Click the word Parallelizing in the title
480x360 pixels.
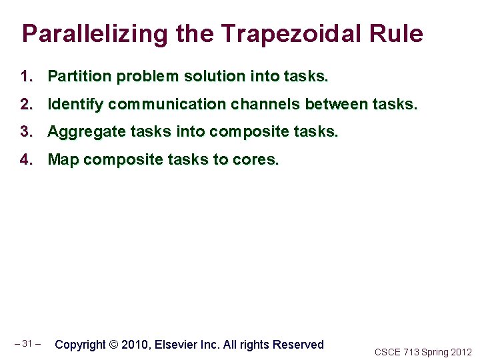click(x=83, y=34)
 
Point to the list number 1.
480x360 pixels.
click(x=26, y=77)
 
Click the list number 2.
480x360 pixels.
click(x=26, y=105)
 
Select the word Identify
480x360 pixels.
click(x=75, y=105)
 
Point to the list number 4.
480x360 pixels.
click(x=26, y=160)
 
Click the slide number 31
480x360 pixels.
click(x=27, y=344)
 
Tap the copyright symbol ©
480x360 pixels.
click(x=113, y=345)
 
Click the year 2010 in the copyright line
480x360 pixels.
click(x=136, y=345)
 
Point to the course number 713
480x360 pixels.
click(x=411, y=352)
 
